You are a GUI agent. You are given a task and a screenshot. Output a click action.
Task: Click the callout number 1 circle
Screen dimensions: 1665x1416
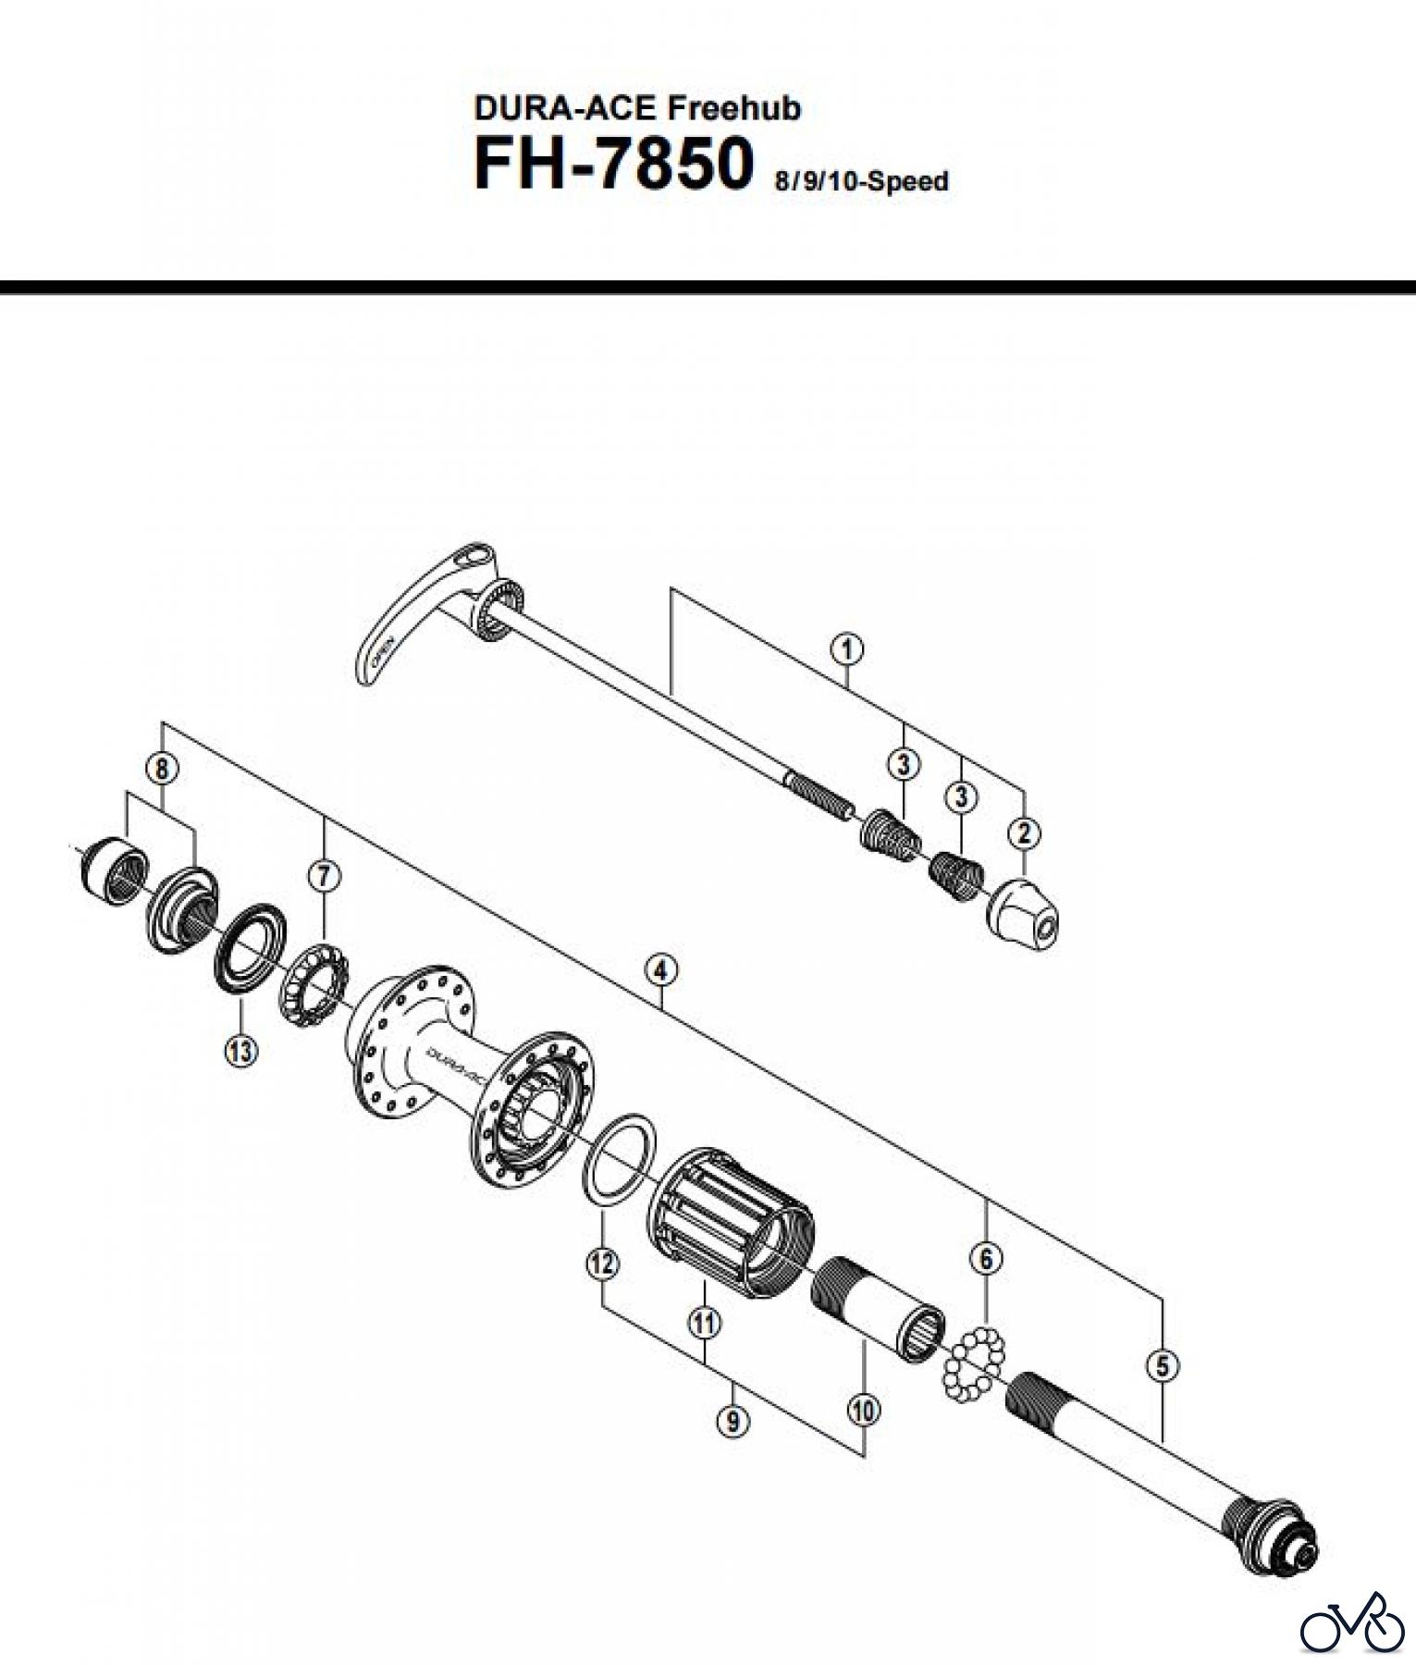click(847, 649)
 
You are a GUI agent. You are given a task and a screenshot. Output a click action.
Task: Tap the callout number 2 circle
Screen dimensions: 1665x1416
click(1024, 832)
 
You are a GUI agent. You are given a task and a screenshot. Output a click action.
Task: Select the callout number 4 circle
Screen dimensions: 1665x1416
click(660, 971)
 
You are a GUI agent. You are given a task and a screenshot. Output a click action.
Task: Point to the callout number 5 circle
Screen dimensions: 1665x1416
click(1163, 1365)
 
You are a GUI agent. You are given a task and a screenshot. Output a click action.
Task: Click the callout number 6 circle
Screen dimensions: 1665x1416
click(986, 1258)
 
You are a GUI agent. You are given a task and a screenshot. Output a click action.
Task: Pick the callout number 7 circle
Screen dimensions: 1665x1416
click(324, 875)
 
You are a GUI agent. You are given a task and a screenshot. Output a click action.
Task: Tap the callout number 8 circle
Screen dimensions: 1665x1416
click(162, 767)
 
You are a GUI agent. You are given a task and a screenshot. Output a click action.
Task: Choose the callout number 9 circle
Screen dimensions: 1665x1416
click(733, 1421)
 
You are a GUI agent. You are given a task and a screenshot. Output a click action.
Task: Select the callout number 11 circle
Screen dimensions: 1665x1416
click(704, 1323)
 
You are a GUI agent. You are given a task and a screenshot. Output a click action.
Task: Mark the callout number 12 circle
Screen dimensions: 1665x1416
click(602, 1263)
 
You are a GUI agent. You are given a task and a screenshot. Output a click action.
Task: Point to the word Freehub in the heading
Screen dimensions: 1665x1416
click(734, 108)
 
